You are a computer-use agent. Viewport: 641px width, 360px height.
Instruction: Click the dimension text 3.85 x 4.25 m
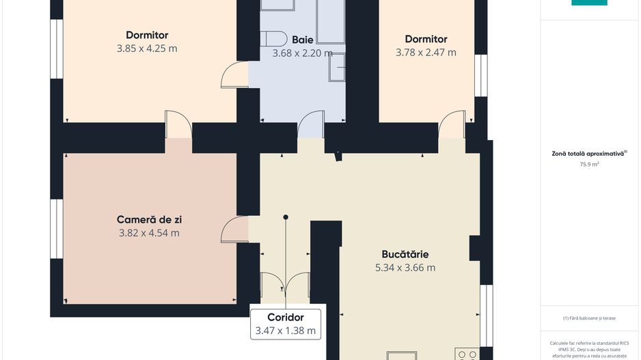147,49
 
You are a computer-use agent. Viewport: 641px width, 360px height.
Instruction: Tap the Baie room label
303,39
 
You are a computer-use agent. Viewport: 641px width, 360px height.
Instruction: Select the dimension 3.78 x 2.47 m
426,52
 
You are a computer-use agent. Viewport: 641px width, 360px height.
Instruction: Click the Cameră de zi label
149,219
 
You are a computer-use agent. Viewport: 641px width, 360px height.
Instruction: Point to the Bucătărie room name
405,254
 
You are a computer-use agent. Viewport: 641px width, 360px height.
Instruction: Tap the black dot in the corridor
286,217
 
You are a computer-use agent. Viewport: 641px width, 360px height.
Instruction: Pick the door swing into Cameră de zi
235,230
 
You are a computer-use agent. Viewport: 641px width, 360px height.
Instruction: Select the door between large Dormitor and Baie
234,74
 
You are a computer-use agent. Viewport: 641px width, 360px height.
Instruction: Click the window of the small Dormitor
482,78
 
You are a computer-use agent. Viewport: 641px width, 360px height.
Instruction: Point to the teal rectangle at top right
588,3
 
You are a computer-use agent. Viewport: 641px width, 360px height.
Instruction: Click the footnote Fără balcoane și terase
588,318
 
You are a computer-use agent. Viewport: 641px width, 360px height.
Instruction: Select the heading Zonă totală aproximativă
588,154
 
